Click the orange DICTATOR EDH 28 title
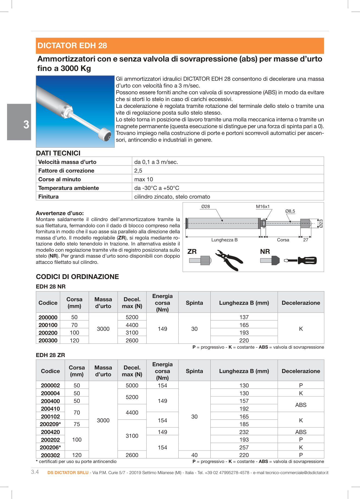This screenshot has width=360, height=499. tap(72, 46)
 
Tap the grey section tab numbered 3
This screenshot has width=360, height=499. tap(19, 122)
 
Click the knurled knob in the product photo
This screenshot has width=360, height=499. tap(104, 134)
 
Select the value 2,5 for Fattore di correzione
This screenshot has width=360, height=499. tap(138, 171)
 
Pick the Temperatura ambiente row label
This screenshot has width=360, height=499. tap(69, 188)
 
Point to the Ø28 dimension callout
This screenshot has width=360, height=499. tap(205, 207)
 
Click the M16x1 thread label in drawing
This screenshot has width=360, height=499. tap(263, 207)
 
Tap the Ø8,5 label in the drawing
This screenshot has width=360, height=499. tap(290, 211)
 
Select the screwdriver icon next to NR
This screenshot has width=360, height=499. tap(300, 261)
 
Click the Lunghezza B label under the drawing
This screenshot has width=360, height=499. tap(224, 240)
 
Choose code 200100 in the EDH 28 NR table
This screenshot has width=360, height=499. tap(48, 325)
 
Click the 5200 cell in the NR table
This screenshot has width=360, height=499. tap(132, 317)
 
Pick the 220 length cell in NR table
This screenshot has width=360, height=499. tap(244, 341)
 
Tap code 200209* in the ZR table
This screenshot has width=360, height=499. tap(50, 424)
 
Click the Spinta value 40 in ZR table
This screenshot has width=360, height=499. tap(194, 455)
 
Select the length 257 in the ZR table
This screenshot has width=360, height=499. tap(244, 448)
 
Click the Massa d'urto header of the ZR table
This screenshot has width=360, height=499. tap(103, 371)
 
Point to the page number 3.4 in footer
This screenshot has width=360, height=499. tap(35, 472)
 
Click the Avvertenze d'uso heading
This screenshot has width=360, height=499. tap(60, 213)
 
